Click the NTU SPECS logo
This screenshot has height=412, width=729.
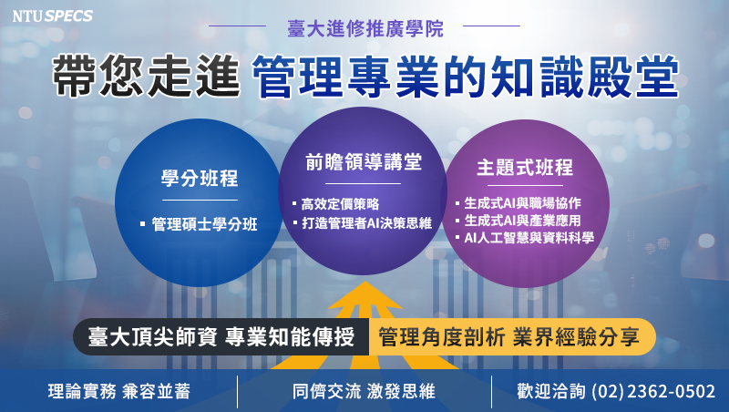tap(53, 16)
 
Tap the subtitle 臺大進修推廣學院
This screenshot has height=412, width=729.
tap(365, 29)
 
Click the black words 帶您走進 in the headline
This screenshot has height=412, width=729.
tap(146, 76)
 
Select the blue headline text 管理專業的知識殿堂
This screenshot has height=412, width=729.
tap(465, 77)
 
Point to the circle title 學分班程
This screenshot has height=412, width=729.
tap(200, 179)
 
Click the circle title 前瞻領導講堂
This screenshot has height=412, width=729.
tap(363, 162)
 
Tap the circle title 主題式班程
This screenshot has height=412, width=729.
tap(525, 168)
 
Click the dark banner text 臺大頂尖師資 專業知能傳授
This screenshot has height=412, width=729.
tap(221, 337)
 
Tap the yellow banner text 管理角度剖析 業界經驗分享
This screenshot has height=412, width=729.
tap(508, 337)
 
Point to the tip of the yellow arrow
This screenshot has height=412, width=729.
tap(365, 282)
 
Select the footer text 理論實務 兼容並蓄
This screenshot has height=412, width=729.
tap(119, 392)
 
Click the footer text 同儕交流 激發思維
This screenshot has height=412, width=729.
tap(364, 392)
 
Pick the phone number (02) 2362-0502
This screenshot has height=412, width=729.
tap(653, 392)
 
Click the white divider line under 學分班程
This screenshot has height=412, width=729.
tap(200, 200)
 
